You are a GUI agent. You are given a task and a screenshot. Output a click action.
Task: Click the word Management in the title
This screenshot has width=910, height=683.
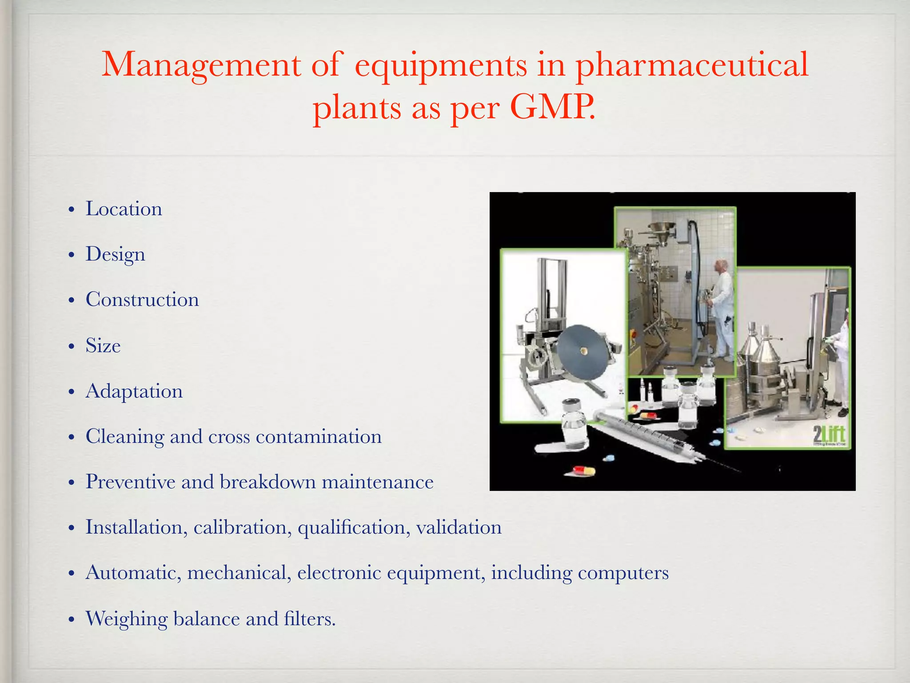[x=201, y=65]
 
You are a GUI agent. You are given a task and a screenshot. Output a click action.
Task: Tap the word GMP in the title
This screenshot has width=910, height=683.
[x=551, y=108]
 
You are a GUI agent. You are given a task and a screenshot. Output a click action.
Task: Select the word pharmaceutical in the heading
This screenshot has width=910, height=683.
[x=692, y=65]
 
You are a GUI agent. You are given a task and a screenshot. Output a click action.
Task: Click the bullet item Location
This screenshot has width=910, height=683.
[x=124, y=209]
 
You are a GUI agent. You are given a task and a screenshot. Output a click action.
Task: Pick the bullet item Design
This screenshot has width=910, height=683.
[x=115, y=255]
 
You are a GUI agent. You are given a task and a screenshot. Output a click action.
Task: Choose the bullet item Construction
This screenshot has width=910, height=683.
[x=142, y=300]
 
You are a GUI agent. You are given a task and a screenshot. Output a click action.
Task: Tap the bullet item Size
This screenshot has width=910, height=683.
[x=103, y=346]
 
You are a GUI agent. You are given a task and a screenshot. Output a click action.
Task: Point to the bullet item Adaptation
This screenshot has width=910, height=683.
[x=134, y=391]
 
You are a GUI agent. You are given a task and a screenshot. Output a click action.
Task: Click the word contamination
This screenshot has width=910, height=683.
[x=319, y=437]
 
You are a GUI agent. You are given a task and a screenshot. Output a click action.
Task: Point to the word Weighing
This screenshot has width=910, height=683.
[x=126, y=619]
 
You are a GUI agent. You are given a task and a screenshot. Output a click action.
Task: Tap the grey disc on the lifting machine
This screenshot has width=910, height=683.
[x=583, y=352]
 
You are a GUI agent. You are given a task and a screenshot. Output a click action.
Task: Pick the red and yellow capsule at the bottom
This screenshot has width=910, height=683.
[x=583, y=470]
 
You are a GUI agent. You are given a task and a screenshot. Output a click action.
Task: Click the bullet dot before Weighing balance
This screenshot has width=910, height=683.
[x=71, y=620]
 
